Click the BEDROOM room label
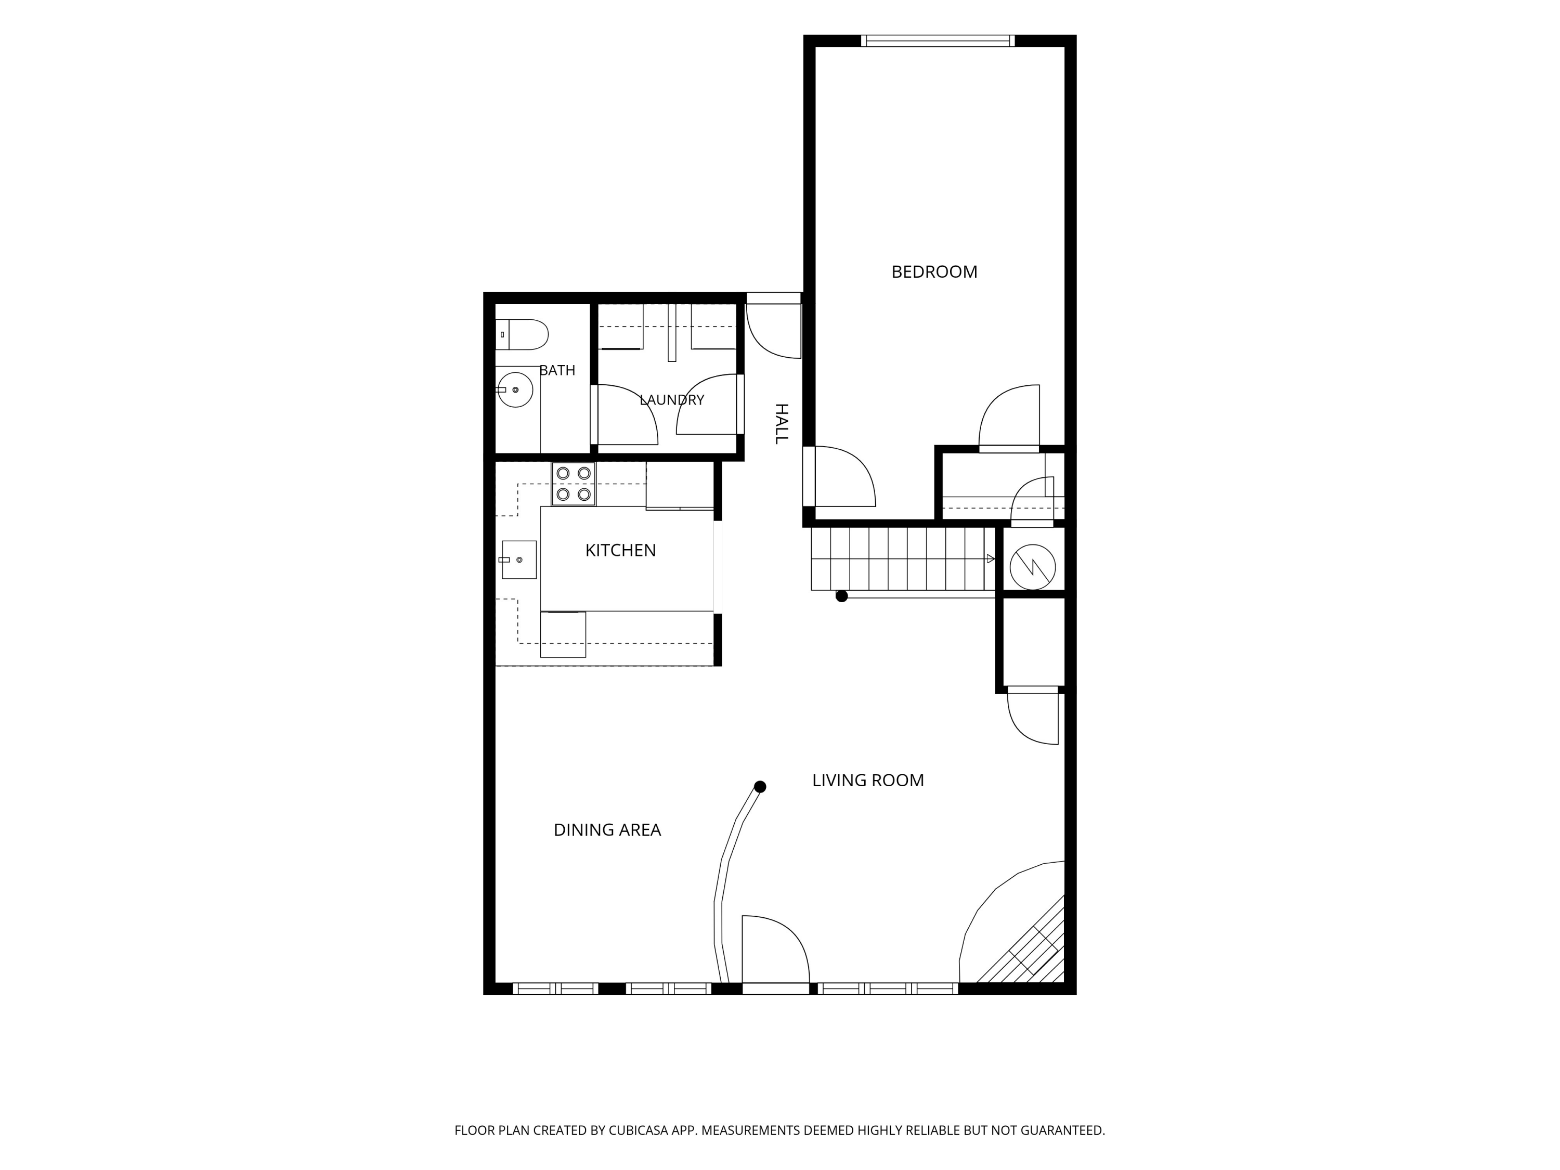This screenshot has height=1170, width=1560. point(934,271)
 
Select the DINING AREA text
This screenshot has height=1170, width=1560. point(607,829)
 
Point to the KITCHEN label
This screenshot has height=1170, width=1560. point(620,550)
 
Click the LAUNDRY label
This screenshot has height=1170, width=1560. point(671,400)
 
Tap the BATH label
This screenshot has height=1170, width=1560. point(557,370)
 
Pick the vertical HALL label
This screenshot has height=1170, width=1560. point(782,424)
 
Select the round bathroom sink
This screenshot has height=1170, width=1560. point(515,389)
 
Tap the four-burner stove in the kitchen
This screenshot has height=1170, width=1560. point(574,484)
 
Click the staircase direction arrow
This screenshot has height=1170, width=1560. point(990,558)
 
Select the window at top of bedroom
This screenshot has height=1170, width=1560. point(937,41)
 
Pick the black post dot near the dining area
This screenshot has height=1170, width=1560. point(760,786)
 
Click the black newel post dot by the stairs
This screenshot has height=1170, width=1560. point(841,596)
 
